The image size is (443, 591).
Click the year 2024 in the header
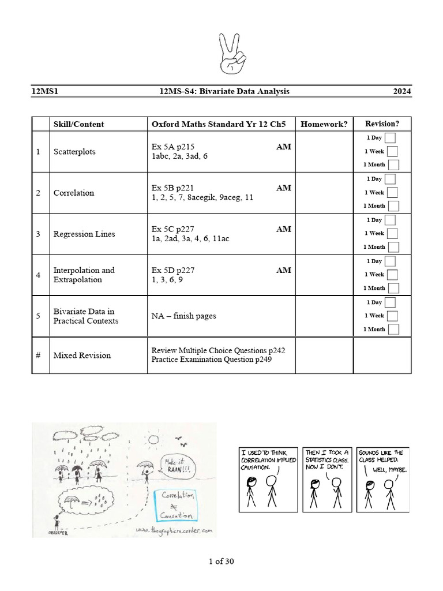tap(402, 91)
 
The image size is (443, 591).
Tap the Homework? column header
tap(324, 124)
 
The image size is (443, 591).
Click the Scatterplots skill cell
tap(74, 152)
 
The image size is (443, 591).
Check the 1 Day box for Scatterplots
tap(391, 138)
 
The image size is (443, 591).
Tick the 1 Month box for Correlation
tap(393, 206)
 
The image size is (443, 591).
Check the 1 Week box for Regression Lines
tap(392, 234)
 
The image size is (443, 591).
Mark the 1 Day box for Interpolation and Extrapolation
tap(391, 261)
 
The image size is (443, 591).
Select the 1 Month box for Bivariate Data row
tap(393, 330)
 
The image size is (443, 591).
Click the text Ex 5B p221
tap(173, 188)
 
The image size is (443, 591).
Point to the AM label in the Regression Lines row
tap(283, 229)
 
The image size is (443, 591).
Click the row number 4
tap(38, 275)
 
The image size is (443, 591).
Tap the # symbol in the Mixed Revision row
tap(38, 356)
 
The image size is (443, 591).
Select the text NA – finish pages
tap(184, 316)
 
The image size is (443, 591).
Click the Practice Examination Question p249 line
tap(211, 360)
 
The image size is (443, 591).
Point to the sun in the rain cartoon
tap(153, 440)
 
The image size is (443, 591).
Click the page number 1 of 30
tap(221, 561)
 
